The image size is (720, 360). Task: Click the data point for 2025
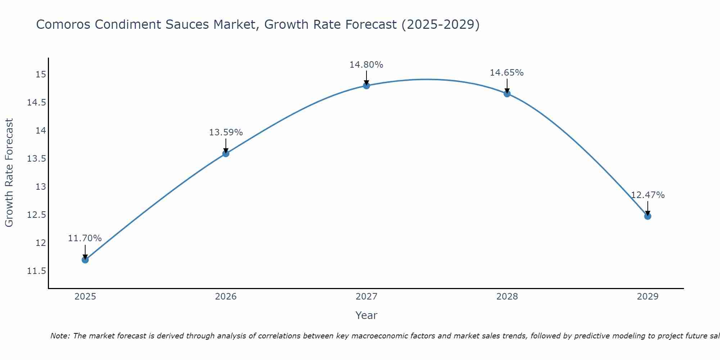pos(85,260)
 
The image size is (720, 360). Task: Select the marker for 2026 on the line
pos(226,153)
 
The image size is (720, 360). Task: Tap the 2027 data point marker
pos(366,85)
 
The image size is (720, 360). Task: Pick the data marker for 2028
pos(507,94)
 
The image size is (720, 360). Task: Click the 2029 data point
pos(647,216)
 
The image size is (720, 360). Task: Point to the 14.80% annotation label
pos(366,65)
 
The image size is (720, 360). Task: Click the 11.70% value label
pos(85,238)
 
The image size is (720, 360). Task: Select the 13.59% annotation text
pos(226,132)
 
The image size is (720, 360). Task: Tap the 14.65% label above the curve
pos(507,73)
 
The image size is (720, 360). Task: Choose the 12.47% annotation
pos(647,195)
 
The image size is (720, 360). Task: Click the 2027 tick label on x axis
pos(366,297)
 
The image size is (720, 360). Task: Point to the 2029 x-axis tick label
pos(647,297)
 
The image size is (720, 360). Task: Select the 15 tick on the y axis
pos(41,75)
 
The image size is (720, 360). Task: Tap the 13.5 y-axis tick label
pos(36,159)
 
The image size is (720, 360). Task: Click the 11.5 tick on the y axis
pos(36,271)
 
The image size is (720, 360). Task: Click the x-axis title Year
pos(366,315)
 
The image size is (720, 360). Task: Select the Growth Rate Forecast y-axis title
pos(9,172)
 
